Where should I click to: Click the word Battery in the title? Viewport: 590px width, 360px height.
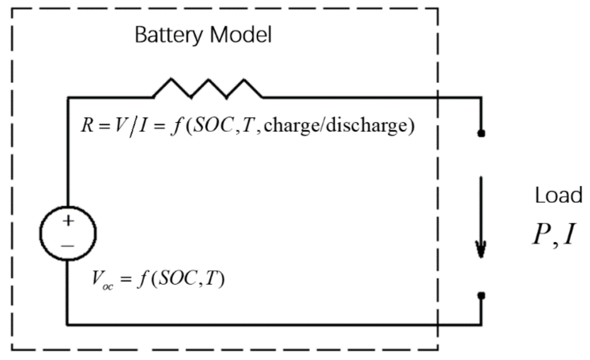pyautogui.click(x=168, y=35)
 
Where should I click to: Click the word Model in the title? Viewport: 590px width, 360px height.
pyautogui.click(x=240, y=35)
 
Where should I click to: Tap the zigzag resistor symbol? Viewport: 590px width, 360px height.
pyautogui.click(x=208, y=88)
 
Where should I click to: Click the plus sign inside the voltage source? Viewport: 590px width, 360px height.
pyautogui.click(x=68, y=221)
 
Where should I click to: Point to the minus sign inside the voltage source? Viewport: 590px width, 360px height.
pyautogui.click(x=68, y=246)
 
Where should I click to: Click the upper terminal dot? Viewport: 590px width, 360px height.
pyautogui.click(x=481, y=133)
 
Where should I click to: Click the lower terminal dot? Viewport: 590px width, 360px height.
pyautogui.click(x=481, y=296)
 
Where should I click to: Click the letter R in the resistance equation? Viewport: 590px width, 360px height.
pyautogui.click(x=87, y=125)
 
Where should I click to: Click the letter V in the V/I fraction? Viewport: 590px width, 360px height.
pyautogui.click(x=120, y=125)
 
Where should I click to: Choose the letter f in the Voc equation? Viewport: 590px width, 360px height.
pyautogui.click(x=143, y=279)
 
